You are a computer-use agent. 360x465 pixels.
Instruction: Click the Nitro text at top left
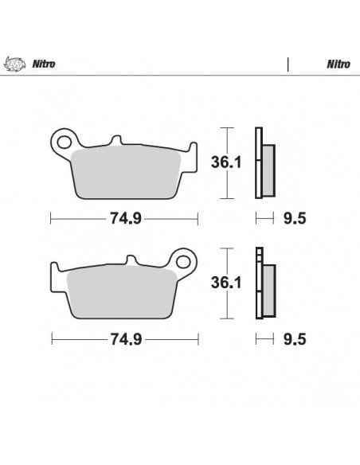[42, 64]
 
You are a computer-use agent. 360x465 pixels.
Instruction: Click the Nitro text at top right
[335, 64]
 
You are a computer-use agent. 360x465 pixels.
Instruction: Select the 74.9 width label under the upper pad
[125, 217]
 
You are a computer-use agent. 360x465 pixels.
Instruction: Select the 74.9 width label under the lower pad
[125, 338]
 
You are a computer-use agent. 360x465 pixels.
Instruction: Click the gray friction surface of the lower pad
[119, 290]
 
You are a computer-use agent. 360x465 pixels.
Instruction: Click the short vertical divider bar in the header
[287, 64]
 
